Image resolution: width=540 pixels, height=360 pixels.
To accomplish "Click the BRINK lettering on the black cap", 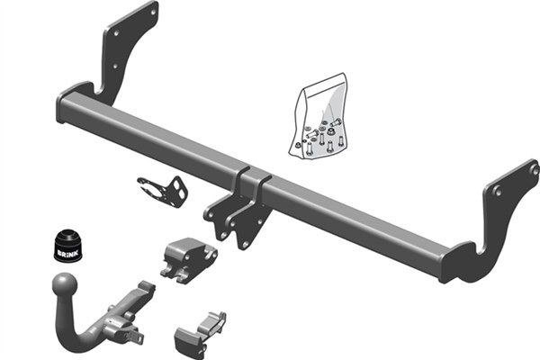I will tap(67, 255).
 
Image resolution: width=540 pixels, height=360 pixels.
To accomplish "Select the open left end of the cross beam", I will tap(64, 106).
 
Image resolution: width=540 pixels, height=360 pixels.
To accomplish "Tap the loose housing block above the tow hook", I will tap(188, 257).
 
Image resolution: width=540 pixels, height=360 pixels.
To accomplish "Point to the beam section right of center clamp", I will tap(360, 216).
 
